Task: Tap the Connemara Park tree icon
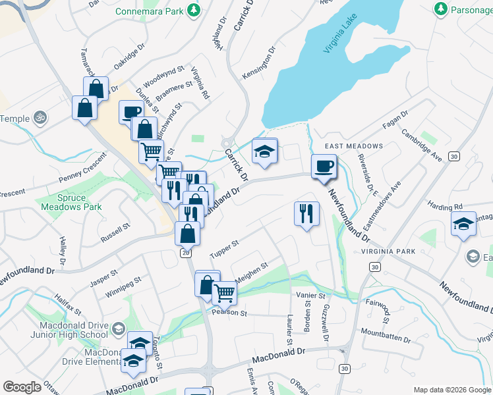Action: coord(194,11)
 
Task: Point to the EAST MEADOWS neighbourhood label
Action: coord(353,145)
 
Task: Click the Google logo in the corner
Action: coord(22,387)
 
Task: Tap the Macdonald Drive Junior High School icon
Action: coord(117,329)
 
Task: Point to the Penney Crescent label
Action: coord(82,169)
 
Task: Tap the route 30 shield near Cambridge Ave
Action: coord(453,156)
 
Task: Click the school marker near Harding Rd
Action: coord(463,223)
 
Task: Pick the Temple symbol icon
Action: coord(40,118)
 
